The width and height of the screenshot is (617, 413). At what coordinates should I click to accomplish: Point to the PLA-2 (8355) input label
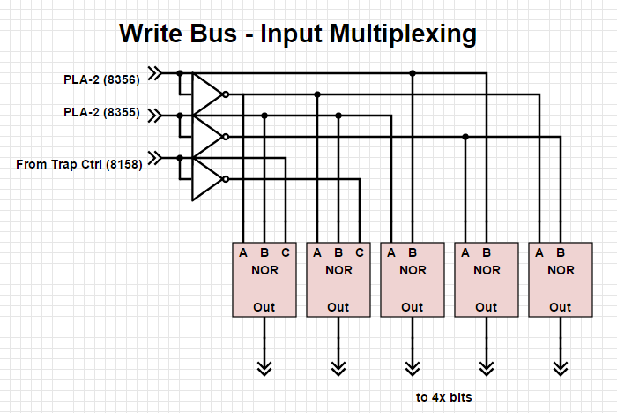[100, 113]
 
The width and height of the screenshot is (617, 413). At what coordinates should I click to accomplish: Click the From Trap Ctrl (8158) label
[78, 164]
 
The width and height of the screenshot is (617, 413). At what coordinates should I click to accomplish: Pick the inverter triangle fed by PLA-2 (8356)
[206, 93]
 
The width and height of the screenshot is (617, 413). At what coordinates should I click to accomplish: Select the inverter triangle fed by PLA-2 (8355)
[206, 136]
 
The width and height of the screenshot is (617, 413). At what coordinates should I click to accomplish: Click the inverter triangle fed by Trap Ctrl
[206, 178]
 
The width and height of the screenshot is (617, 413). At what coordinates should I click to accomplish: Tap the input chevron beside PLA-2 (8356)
[155, 72]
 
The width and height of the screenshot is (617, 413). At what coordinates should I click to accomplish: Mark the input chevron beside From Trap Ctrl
[155, 158]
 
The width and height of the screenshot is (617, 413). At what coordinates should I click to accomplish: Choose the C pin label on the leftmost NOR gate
[286, 252]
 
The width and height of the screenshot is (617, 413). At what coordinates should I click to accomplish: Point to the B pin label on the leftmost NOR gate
[264, 252]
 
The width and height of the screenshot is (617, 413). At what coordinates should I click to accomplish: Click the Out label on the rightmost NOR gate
[561, 307]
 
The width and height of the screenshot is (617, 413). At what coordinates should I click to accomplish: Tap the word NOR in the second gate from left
[338, 271]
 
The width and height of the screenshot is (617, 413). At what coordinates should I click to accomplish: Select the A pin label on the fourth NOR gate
[465, 252]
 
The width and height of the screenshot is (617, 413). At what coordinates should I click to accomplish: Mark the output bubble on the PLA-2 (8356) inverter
[227, 94]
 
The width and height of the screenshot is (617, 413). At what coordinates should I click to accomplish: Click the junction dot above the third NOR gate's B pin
[413, 72]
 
